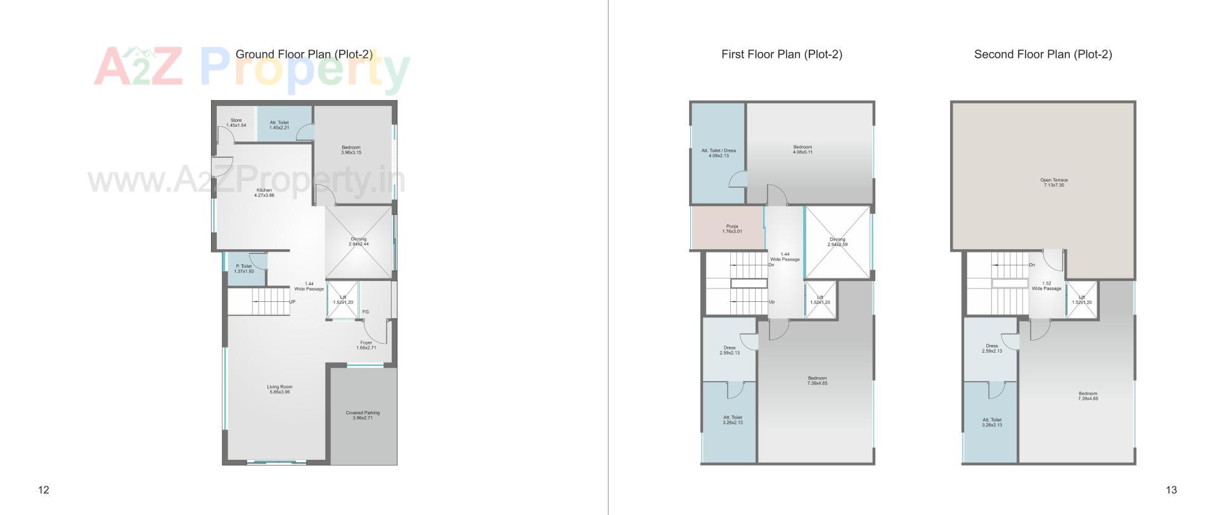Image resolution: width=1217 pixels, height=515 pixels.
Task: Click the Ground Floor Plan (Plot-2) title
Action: pyautogui.click(x=304, y=55)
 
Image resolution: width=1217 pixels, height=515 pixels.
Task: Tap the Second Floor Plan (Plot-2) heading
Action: pyautogui.click(x=1043, y=55)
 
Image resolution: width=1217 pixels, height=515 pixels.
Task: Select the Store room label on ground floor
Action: pyautogui.click(x=236, y=122)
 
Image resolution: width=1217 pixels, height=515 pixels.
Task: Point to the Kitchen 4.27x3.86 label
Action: pyautogui.click(x=264, y=193)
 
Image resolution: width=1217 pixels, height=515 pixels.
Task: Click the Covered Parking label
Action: pyautogui.click(x=363, y=415)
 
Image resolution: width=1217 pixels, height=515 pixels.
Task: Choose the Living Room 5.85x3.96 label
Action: pyautogui.click(x=280, y=389)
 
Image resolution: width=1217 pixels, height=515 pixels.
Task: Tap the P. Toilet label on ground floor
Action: pyautogui.click(x=244, y=269)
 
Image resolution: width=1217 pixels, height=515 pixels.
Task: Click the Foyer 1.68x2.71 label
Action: pyautogui.click(x=366, y=345)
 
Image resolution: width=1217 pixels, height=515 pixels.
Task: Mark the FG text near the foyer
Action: pyautogui.click(x=366, y=311)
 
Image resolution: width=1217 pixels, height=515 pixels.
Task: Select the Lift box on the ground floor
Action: pyautogui.click(x=343, y=299)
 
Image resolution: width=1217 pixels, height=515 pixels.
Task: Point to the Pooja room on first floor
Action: pyautogui.click(x=732, y=229)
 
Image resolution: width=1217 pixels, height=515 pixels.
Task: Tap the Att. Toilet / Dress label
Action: pyautogui.click(x=719, y=153)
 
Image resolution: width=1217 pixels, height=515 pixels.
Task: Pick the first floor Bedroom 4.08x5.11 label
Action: pyautogui.click(x=802, y=150)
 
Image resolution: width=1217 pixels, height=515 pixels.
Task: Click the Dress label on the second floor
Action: pyautogui.click(x=992, y=348)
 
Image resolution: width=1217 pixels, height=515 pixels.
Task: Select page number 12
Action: pyautogui.click(x=44, y=490)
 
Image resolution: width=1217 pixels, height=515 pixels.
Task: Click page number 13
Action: pyautogui.click(x=1171, y=490)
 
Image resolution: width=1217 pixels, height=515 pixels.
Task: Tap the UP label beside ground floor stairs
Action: pyautogui.click(x=292, y=302)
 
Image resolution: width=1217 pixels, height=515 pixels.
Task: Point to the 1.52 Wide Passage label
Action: pyautogui.click(x=1046, y=286)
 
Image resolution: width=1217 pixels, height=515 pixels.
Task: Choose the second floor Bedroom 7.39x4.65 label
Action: pyautogui.click(x=1088, y=396)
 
